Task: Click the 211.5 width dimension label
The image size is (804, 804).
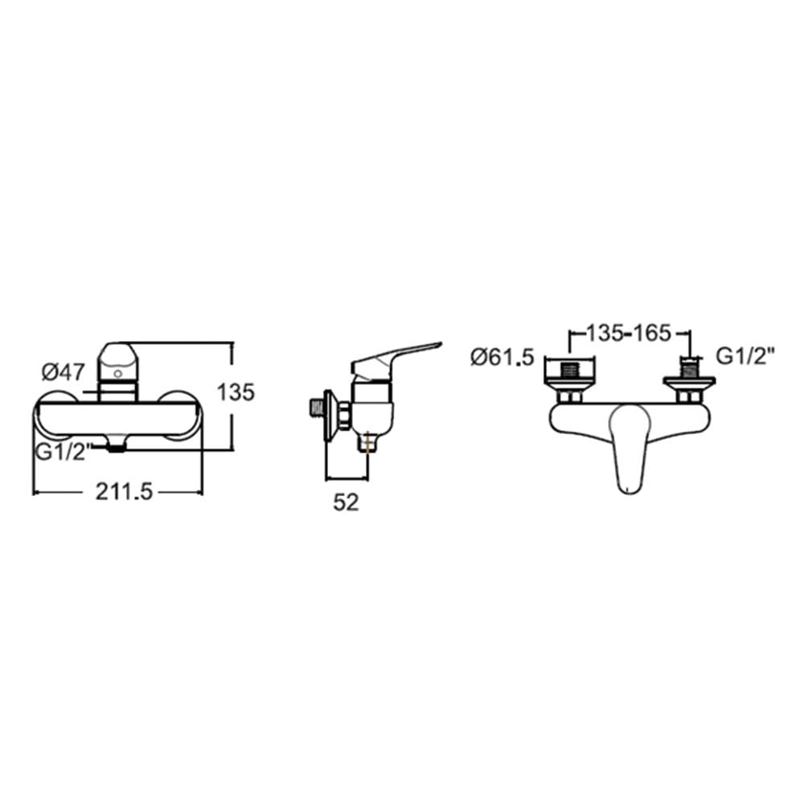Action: pyautogui.click(x=124, y=492)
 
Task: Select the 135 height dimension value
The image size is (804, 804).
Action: pyautogui.click(x=236, y=392)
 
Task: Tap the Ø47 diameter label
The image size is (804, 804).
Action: pyautogui.click(x=63, y=371)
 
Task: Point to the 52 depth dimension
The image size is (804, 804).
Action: pyautogui.click(x=346, y=503)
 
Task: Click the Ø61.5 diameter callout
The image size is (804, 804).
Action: pyautogui.click(x=503, y=357)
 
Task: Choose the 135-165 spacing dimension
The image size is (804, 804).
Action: pyautogui.click(x=628, y=334)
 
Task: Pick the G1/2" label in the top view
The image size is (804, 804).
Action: pyautogui.click(x=745, y=356)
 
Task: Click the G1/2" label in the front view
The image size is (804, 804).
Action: pyautogui.click(x=63, y=452)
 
